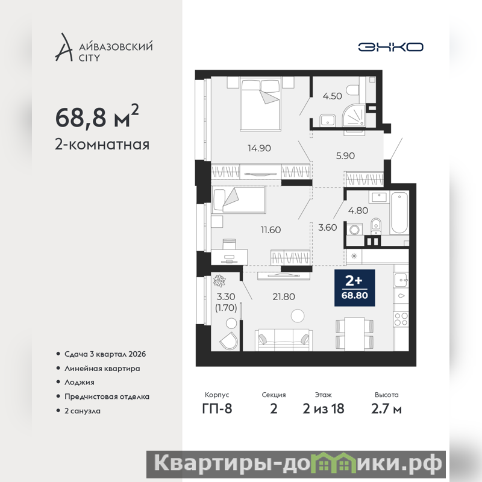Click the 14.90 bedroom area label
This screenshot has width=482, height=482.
click(x=259, y=148)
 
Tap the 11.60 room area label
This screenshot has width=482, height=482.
click(x=271, y=230)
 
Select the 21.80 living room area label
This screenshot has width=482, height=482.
click(x=284, y=296)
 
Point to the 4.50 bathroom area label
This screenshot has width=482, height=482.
click(x=332, y=96)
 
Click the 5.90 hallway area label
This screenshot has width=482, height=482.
click(x=345, y=156)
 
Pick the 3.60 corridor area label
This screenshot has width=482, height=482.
click(x=327, y=228)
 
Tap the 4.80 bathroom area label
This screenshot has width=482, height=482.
click(x=358, y=210)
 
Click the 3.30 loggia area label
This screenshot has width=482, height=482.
click(x=226, y=296)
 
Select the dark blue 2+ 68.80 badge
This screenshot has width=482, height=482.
click(x=354, y=288)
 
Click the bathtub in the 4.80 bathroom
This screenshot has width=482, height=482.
click(x=399, y=213)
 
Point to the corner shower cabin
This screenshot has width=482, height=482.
click(x=354, y=116)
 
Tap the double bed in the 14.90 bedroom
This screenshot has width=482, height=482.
click(x=261, y=104)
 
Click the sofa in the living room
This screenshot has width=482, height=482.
click(x=284, y=340)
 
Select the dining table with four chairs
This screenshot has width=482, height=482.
click(x=354, y=334)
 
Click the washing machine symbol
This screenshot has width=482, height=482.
click(x=355, y=230)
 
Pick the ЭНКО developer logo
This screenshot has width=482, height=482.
click(x=390, y=47)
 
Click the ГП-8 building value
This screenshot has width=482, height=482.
click(x=217, y=409)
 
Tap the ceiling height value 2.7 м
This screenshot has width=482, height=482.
click(x=386, y=409)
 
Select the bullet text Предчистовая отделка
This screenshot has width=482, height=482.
click(x=107, y=396)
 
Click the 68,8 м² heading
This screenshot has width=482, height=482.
click(x=97, y=116)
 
